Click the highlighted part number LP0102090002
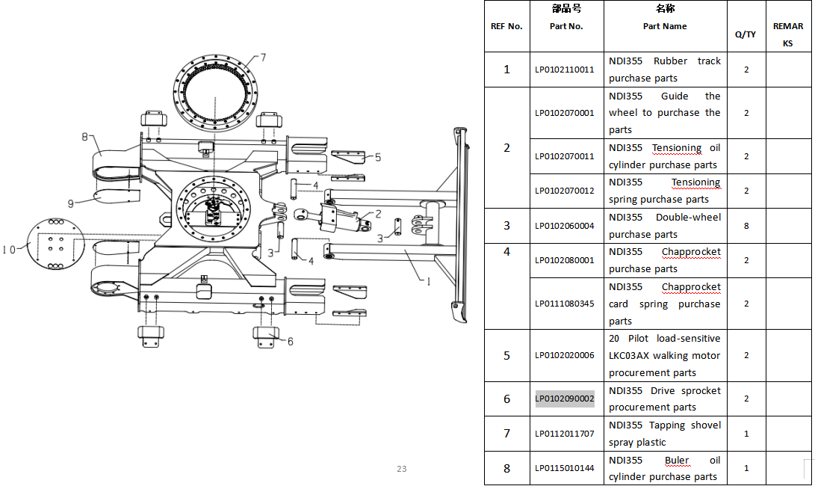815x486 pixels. tap(565, 399)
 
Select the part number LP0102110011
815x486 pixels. tap(565, 70)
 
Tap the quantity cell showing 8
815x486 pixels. tap(746, 226)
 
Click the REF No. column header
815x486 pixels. tap(506, 26)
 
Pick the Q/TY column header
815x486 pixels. tap(746, 34)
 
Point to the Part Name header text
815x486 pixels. tap(665, 26)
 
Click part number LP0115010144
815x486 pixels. tap(565, 468)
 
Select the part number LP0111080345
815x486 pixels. tap(565, 304)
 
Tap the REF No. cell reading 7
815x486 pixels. tap(506, 434)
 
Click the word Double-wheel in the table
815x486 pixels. tap(688, 218)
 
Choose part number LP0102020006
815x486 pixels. tap(565, 355)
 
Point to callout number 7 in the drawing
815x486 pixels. tap(263, 58)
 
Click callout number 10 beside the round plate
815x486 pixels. tap(9, 250)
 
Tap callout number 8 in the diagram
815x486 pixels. tap(84, 137)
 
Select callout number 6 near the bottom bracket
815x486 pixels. tap(290, 342)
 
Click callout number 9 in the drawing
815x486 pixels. tap(71, 203)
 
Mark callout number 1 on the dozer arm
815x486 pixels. tap(428, 281)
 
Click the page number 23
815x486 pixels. tap(402, 469)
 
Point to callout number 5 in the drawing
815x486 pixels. tap(378, 157)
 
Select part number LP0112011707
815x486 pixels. tap(565, 434)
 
